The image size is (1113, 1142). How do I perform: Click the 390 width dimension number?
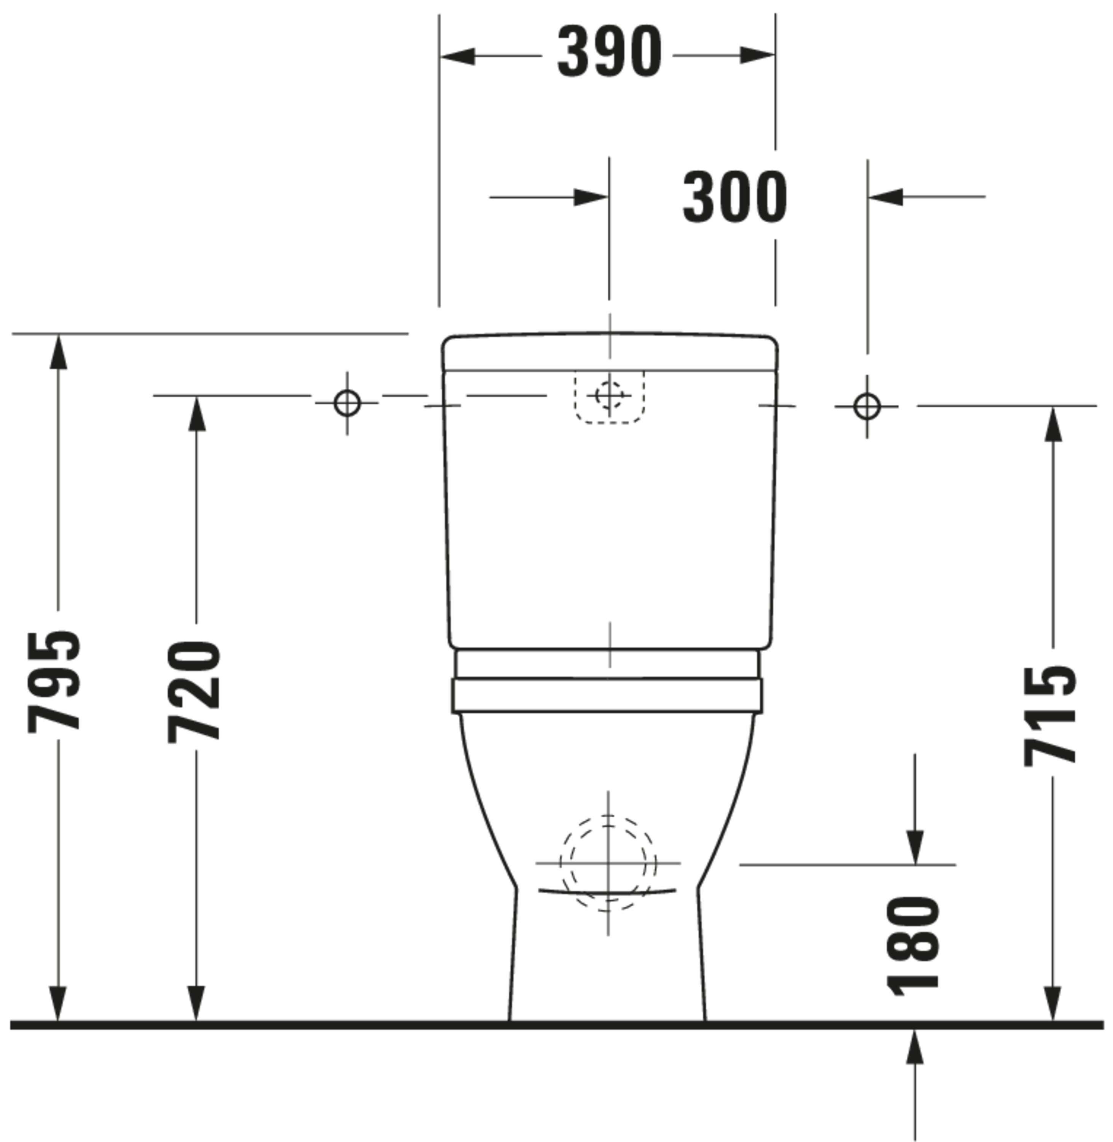pos(609,53)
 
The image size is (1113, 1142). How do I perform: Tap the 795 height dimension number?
pos(54,681)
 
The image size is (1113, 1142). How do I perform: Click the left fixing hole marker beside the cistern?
pos(347,403)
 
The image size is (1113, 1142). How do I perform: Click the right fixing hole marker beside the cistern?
pos(867,406)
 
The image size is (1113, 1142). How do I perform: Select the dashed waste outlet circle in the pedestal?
pos(608,863)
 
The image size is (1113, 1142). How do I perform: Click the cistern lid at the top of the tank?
pos(609,352)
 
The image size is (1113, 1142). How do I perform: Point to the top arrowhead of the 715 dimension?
pos(1053,424)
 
